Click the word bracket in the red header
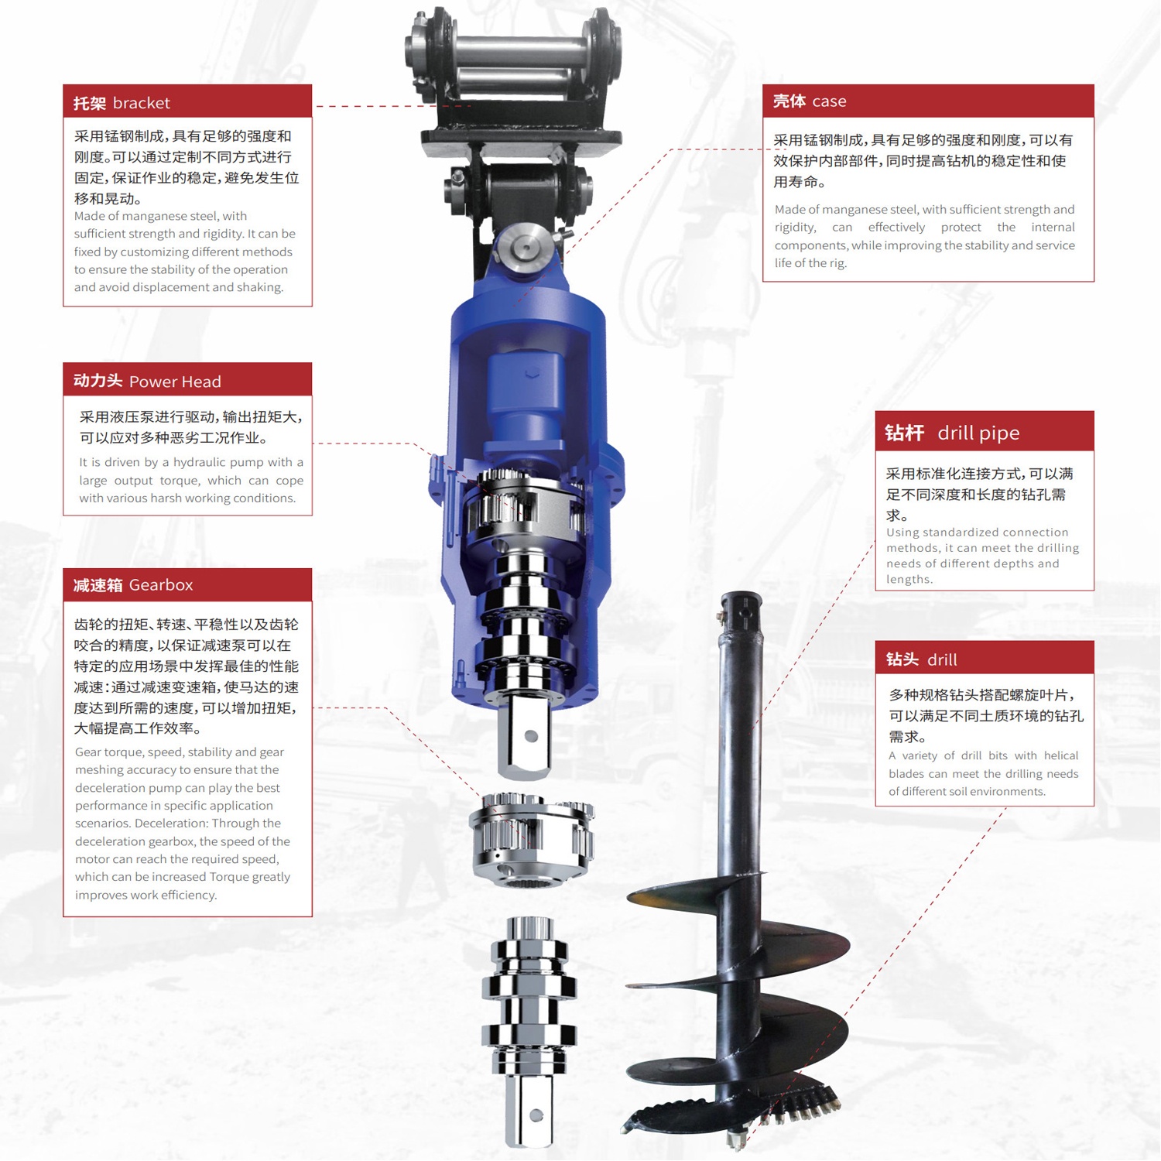[x=141, y=103]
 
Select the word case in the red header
[x=829, y=101]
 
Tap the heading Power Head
[x=175, y=382]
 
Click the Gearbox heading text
[x=161, y=585]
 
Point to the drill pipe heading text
[x=978, y=433]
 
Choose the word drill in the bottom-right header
[x=942, y=659]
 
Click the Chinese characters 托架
[x=90, y=103]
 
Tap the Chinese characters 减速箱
[x=98, y=585]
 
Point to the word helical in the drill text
[x=1060, y=755]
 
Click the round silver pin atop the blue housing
[x=525, y=248]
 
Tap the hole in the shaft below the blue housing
[x=531, y=736]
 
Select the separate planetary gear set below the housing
[x=531, y=839]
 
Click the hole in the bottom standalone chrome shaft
[x=536, y=1115]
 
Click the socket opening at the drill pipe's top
[x=741, y=598]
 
